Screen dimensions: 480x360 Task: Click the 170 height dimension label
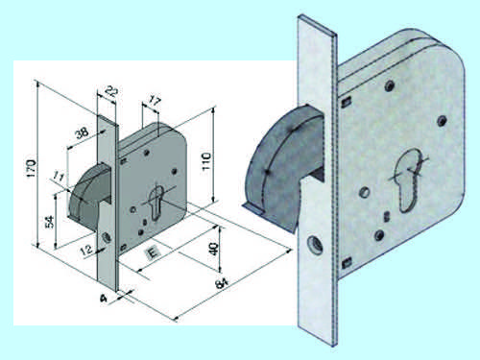pyautogui.click(x=31, y=168)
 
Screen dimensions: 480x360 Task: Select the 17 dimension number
pyautogui.click(x=155, y=102)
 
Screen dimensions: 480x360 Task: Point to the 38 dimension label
pyautogui.click(x=82, y=132)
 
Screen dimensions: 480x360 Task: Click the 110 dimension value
pyautogui.click(x=206, y=161)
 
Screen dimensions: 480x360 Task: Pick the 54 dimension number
pyautogui.click(x=50, y=222)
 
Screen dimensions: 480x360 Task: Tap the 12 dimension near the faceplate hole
pyautogui.click(x=86, y=250)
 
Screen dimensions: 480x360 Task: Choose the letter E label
pyautogui.click(x=153, y=253)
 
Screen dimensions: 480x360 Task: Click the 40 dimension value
pyautogui.click(x=213, y=250)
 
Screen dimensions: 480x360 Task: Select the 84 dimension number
pyautogui.click(x=222, y=283)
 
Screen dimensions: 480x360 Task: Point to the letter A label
pyautogui.click(x=103, y=299)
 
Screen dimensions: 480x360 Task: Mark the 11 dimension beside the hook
pyautogui.click(x=59, y=177)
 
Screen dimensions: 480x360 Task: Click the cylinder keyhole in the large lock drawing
pyautogui.click(x=409, y=180)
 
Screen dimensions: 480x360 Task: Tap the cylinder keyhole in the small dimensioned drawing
pyautogui.click(x=156, y=203)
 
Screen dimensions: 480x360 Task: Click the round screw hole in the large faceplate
pyautogui.click(x=315, y=245)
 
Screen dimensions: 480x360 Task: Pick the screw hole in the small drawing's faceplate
pyautogui.click(x=107, y=237)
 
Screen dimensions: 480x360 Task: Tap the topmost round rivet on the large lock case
pyautogui.click(x=389, y=85)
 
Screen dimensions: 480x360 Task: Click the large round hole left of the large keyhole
pyautogui.click(x=365, y=192)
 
